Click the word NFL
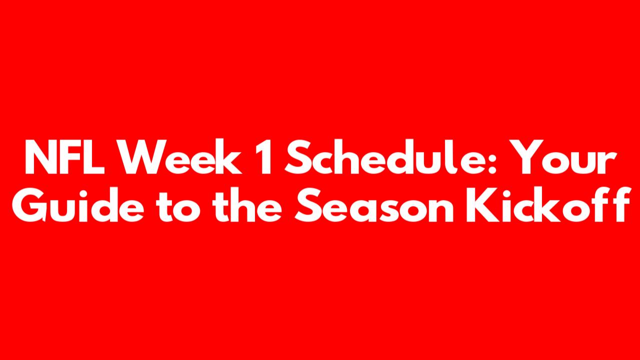coord(65,157)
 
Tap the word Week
coord(180,156)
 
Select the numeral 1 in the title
coord(264,157)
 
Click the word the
coord(247,204)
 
